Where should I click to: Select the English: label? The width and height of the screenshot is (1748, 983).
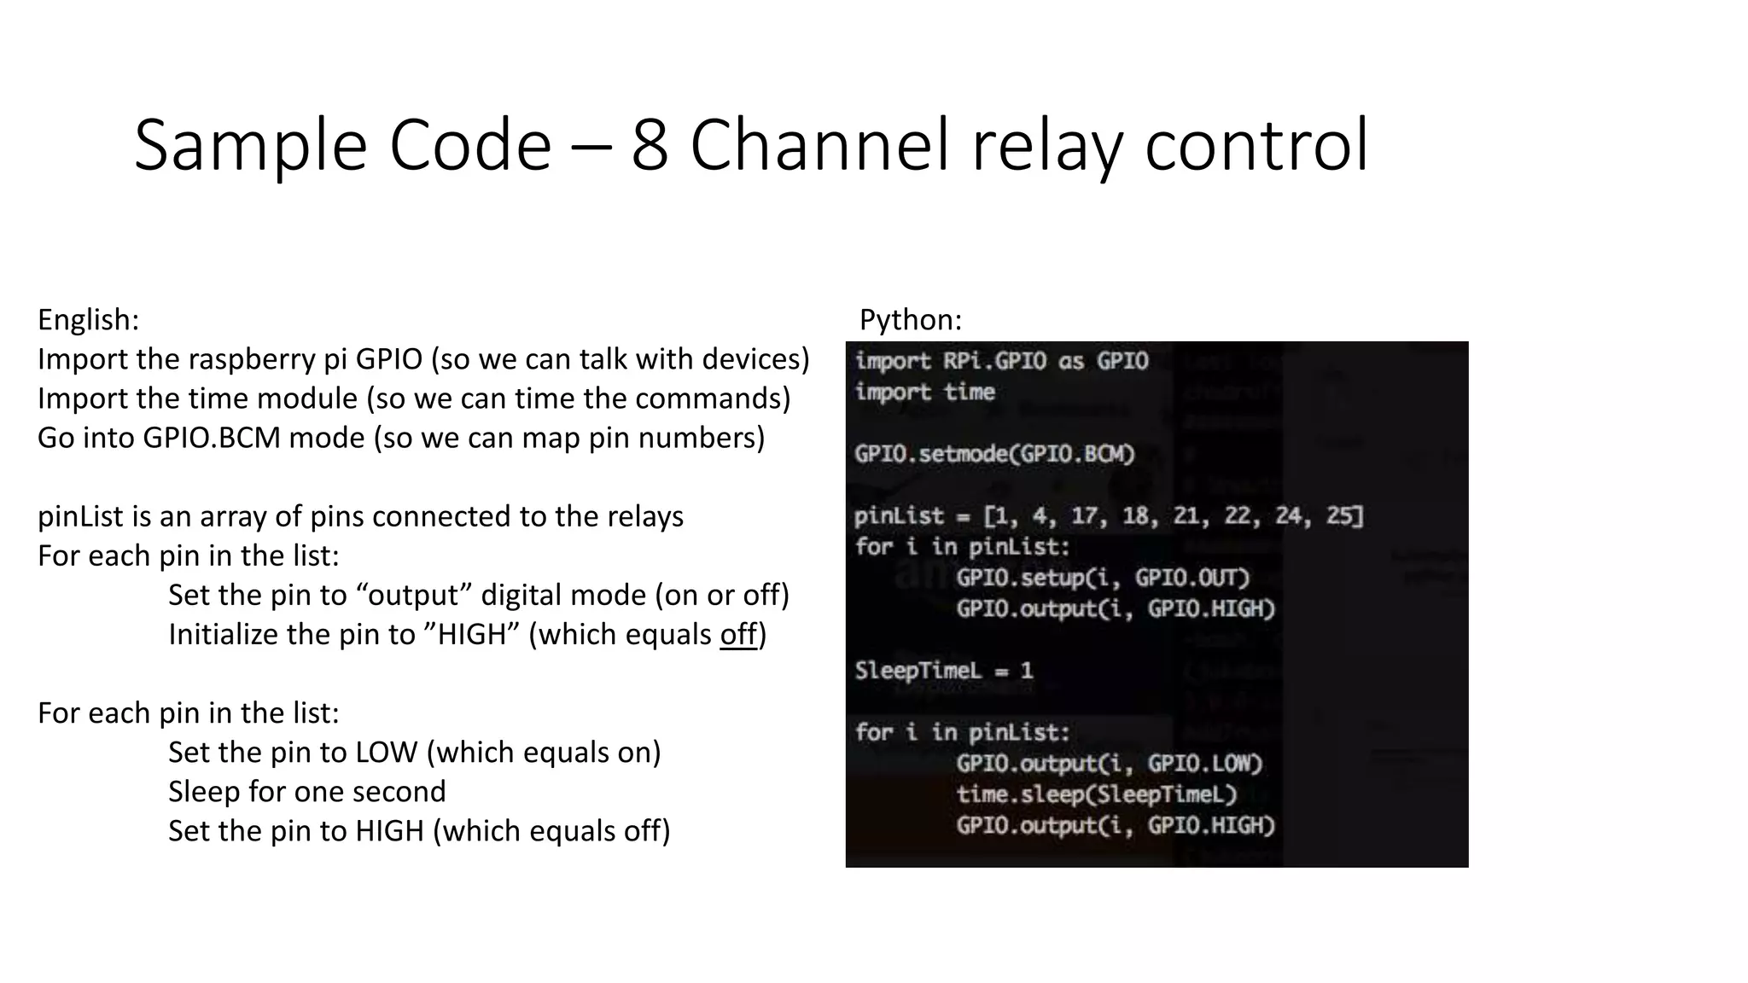88,320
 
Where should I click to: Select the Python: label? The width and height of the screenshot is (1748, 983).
910,320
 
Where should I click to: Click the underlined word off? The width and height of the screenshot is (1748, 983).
738,635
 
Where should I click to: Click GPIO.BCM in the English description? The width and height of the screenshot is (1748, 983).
212,438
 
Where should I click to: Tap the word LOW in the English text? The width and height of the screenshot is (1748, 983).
386,753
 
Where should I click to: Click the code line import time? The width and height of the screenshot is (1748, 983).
924,393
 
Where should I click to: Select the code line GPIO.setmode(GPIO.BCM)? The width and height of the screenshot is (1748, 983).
994,454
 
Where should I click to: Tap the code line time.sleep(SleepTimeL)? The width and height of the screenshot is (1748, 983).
1096,794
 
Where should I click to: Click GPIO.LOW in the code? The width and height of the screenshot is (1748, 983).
1204,764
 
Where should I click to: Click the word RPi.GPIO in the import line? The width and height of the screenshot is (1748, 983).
993,361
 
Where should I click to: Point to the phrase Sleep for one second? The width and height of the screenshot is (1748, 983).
306,792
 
